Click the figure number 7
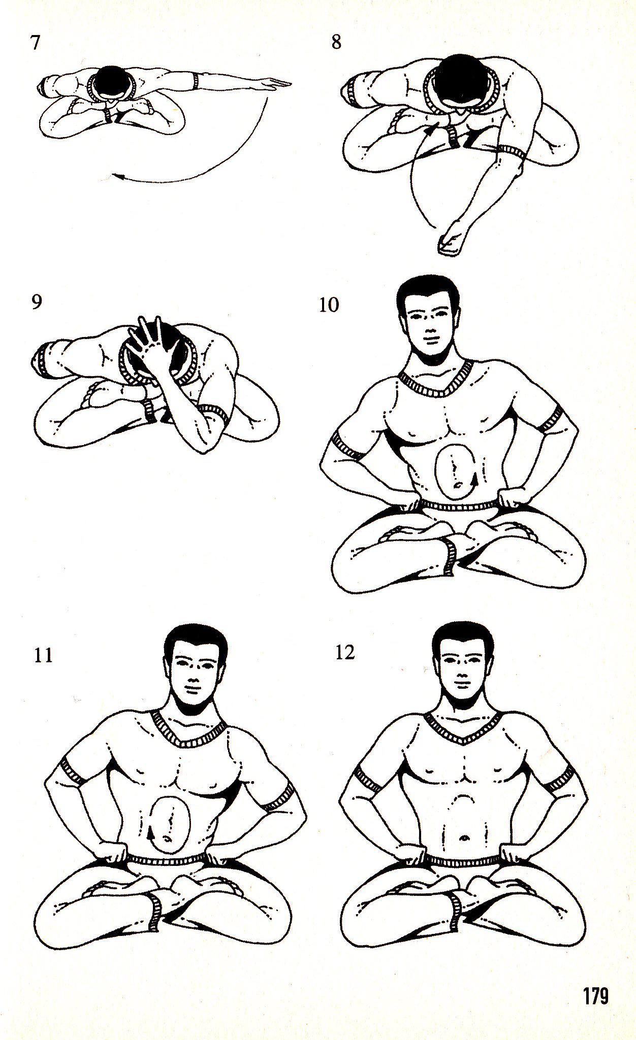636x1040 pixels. pos(35,43)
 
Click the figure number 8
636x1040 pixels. pos(336,42)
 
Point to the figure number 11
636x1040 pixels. pos(43,655)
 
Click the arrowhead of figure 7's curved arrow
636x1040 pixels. pos(118,176)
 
